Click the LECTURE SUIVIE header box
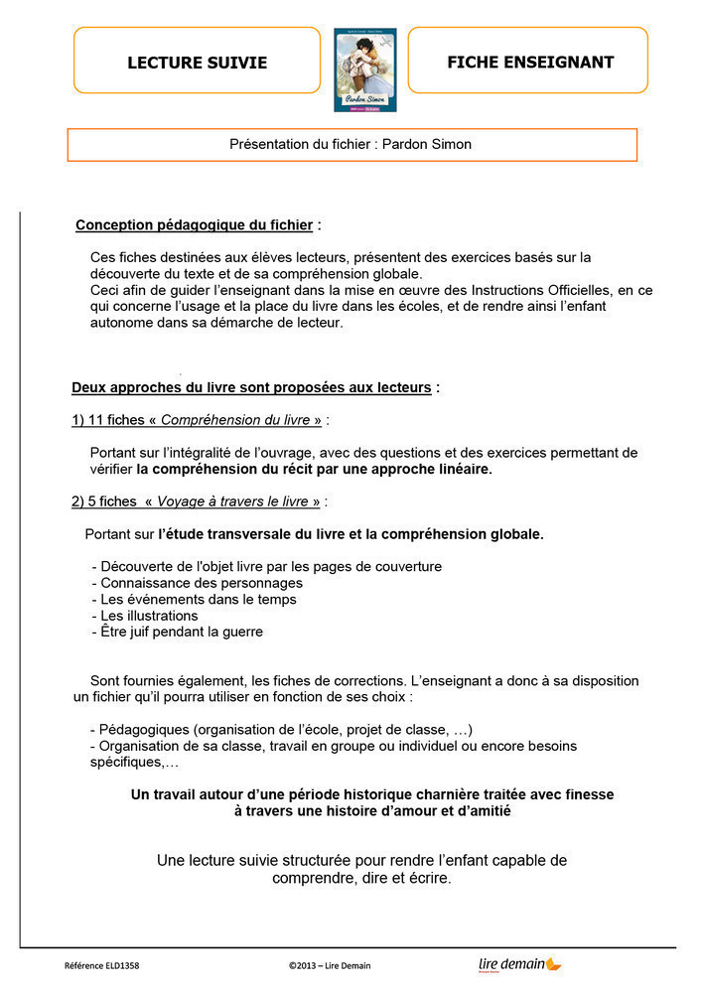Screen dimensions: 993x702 pyautogui.click(x=197, y=62)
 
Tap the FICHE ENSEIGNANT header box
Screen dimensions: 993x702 pyautogui.click(x=528, y=62)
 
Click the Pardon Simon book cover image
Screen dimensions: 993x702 pyautogui.click(x=364, y=70)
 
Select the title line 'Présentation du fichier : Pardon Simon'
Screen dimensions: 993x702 pyautogui.click(x=351, y=144)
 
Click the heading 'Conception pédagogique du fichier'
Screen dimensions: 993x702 pyautogui.click(x=194, y=225)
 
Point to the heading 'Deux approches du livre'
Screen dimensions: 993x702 pyautogui.click(x=251, y=387)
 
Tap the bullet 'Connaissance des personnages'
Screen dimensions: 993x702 pyautogui.click(x=202, y=583)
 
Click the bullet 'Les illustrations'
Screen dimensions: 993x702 pyautogui.click(x=149, y=616)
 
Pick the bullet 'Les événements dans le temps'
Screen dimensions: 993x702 pyautogui.click(x=199, y=599)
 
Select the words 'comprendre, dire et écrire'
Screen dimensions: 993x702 pyautogui.click(x=361, y=879)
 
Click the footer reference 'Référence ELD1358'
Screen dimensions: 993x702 pyautogui.click(x=102, y=965)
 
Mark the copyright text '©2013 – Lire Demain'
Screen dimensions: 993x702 pyautogui.click(x=330, y=965)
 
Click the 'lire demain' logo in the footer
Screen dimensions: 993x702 pyautogui.click(x=518, y=964)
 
